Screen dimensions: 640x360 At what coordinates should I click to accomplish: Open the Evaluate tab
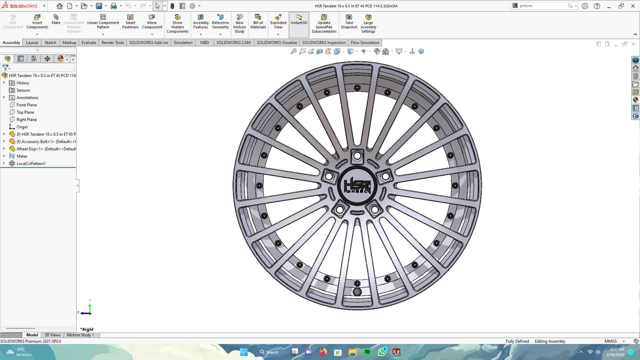[89, 43]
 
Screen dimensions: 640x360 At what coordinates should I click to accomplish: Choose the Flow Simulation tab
[365, 43]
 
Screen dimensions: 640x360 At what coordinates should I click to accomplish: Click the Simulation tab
[183, 43]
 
